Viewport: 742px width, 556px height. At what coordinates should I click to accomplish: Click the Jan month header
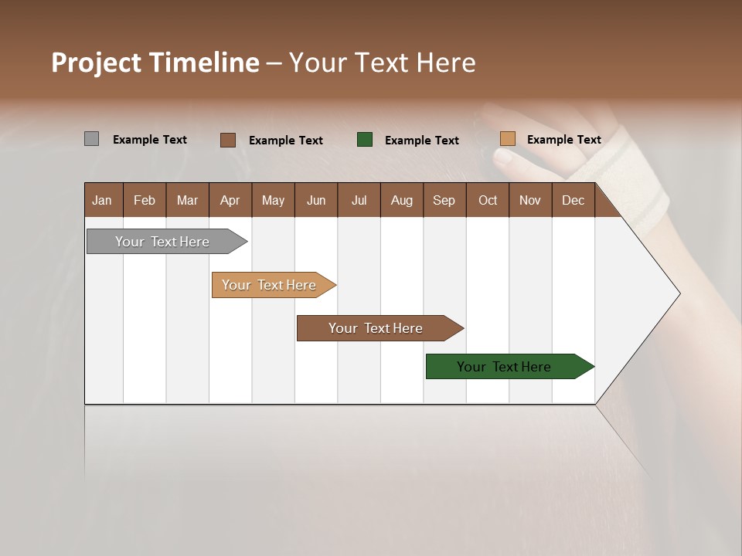coord(103,200)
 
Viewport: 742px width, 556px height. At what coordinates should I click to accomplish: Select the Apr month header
coord(230,200)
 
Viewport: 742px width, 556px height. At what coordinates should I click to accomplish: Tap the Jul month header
coord(359,200)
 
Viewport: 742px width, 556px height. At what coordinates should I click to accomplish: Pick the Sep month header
coord(444,200)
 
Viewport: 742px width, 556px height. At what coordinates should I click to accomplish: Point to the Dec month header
coord(573,200)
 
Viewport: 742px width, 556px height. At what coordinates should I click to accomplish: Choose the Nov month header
coord(530,200)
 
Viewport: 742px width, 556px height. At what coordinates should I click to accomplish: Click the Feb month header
coord(145,200)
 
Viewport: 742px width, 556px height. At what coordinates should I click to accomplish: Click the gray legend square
coord(91,139)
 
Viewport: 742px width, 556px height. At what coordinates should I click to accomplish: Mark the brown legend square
coord(227,140)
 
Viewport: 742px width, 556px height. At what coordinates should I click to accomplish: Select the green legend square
coord(365,139)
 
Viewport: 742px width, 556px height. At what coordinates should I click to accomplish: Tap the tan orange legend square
coord(507,139)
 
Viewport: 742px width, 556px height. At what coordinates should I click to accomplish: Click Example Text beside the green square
coord(421,141)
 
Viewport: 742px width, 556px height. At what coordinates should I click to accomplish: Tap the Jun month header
coord(316,200)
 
